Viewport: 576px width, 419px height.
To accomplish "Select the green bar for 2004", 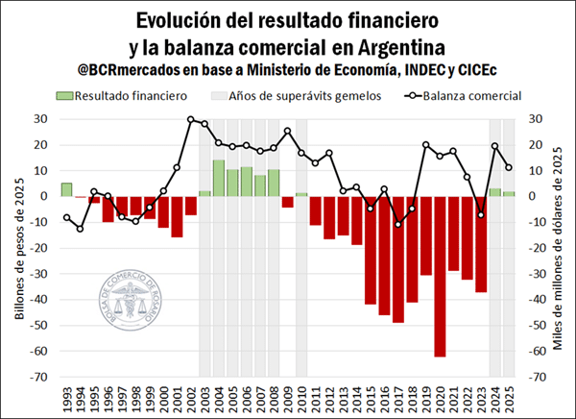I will (x=219, y=178).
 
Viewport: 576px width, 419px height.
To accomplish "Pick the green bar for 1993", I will (x=66, y=189).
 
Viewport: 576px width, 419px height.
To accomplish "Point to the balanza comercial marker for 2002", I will (x=191, y=119).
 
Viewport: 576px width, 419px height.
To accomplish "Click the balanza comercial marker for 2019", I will (x=426, y=145).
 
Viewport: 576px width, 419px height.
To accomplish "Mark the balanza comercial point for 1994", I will (x=80, y=228).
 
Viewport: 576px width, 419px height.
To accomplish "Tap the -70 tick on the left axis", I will (x=39, y=377).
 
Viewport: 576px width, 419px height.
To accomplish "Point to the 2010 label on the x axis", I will (x=301, y=395).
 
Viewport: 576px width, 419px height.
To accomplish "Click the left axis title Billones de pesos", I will (x=16, y=248).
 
